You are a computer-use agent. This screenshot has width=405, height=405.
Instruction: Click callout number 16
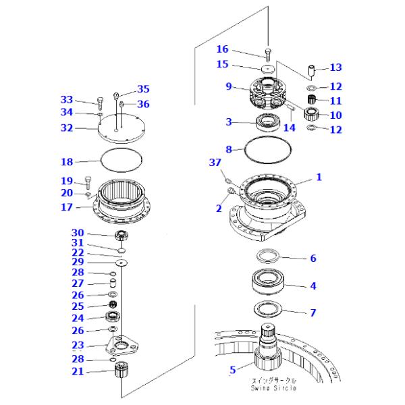(222, 49)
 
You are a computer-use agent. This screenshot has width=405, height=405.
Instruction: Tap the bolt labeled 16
(268, 54)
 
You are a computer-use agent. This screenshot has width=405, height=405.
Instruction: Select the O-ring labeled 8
(268, 150)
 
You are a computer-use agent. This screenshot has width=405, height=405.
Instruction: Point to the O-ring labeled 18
(121, 160)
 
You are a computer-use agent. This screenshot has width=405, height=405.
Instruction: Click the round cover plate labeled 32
(121, 128)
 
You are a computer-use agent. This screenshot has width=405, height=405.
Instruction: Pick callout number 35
(143, 89)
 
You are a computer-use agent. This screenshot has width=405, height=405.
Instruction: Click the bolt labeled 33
(100, 103)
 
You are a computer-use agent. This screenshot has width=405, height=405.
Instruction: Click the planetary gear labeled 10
(310, 113)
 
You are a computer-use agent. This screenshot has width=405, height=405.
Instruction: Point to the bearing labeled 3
(267, 122)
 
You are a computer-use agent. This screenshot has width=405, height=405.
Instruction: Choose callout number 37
(215, 163)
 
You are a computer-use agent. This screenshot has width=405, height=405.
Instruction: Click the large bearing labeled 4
(268, 281)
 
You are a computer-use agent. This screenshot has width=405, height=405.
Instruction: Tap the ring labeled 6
(269, 256)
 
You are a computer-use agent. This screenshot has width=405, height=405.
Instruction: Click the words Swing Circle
(273, 388)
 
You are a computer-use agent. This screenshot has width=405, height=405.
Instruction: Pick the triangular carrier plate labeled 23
(122, 346)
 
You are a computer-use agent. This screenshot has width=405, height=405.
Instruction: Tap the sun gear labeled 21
(121, 370)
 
